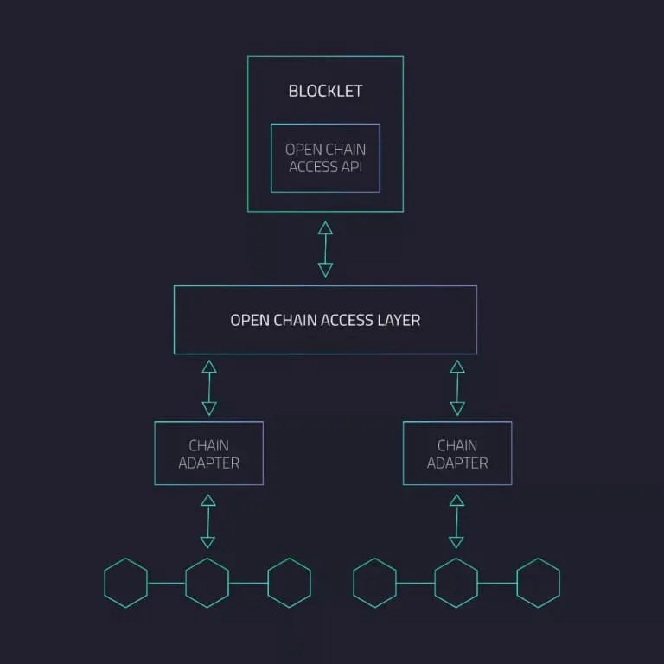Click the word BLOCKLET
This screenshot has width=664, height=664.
coord(325,91)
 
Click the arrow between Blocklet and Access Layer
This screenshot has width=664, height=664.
coord(325,249)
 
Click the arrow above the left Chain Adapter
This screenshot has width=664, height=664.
coord(209,387)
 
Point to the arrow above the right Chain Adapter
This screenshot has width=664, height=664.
coord(457,387)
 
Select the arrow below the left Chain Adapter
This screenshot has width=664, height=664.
coord(207,521)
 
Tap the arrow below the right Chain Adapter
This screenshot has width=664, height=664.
coord(456,521)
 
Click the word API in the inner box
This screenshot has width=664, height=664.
coord(352,167)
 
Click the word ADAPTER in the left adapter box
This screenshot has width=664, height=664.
coord(208,463)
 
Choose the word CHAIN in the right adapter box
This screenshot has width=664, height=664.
coord(457,445)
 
